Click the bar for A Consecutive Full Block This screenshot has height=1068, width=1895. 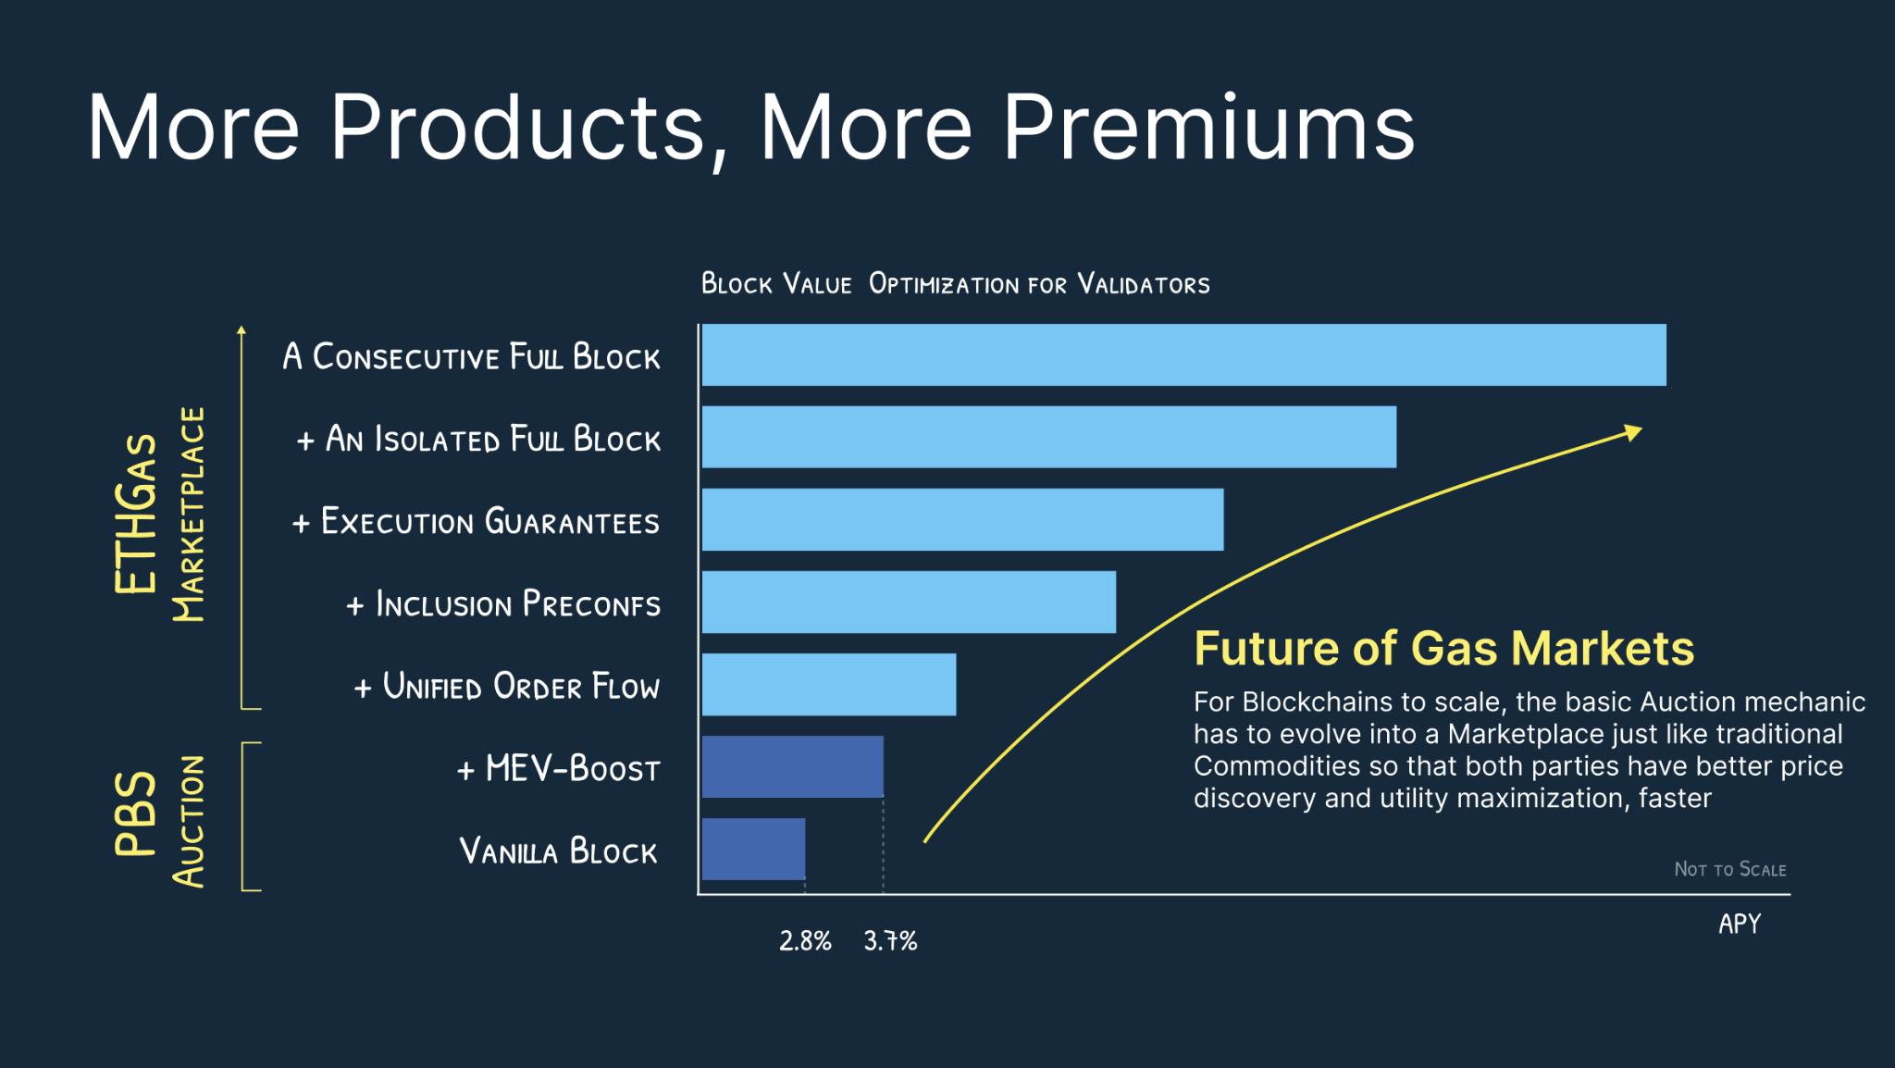tap(1183, 354)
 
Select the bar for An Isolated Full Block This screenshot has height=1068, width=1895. tap(1048, 437)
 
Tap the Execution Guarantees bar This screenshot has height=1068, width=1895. tap(962, 519)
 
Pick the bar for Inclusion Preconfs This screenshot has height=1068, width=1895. tap(909, 602)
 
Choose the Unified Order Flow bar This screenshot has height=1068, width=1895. tap(828, 684)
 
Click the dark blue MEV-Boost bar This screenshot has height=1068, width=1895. tap(792, 766)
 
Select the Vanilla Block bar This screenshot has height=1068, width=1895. tap(753, 849)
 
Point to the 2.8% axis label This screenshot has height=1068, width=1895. tap(805, 941)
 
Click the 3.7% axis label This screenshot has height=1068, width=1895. tap(890, 941)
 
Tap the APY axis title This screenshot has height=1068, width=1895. tap(1740, 924)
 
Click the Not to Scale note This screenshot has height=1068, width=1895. tap(1729, 869)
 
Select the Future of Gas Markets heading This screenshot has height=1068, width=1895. tap(1443, 648)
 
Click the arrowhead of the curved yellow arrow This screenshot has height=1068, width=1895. tap(1634, 431)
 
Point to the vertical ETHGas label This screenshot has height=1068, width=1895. tap(136, 514)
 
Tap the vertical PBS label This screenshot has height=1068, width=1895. tap(136, 813)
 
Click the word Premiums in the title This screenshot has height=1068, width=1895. tap(1208, 127)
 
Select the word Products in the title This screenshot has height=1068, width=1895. tap(518, 127)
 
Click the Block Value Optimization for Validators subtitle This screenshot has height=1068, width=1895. tap(955, 283)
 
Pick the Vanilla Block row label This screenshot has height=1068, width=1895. tap(558, 851)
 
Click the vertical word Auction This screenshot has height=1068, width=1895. tap(189, 822)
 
